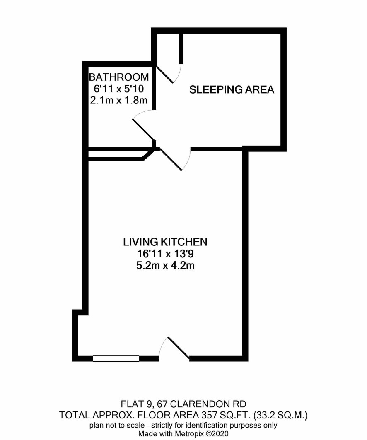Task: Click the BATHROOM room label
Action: tap(119, 77)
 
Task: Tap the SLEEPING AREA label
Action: tap(232, 89)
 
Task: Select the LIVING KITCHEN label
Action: tap(165, 242)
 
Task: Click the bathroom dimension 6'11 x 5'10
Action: tap(119, 89)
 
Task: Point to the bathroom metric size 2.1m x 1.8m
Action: tap(119, 100)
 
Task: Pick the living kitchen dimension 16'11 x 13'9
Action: tap(165, 254)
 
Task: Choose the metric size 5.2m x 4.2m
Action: tap(165, 265)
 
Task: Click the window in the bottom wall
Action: tap(116, 358)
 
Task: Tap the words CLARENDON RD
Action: tap(208, 404)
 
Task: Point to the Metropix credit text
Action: tap(183, 433)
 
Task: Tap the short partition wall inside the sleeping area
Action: tap(181, 48)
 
